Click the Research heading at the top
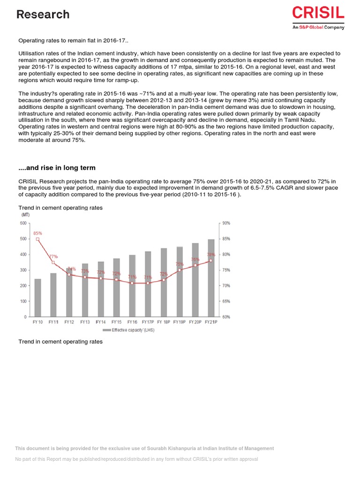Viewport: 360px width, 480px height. (43, 15)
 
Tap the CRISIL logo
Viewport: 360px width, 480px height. (318, 13)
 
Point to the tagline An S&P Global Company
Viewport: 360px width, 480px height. (318, 27)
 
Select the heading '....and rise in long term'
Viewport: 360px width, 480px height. (57, 168)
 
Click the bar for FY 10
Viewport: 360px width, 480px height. (38, 298)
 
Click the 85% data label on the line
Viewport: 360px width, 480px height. (38, 233)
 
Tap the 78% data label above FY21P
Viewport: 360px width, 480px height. (211, 255)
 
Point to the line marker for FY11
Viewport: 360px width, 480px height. (53, 262)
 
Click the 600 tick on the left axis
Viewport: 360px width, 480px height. (23, 223)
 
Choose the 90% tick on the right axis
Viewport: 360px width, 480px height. (226, 223)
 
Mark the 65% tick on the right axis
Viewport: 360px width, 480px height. (226, 301)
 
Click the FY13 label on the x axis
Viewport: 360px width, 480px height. (85, 322)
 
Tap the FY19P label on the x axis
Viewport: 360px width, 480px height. (179, 322)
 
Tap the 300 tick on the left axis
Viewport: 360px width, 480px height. (23, 270)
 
